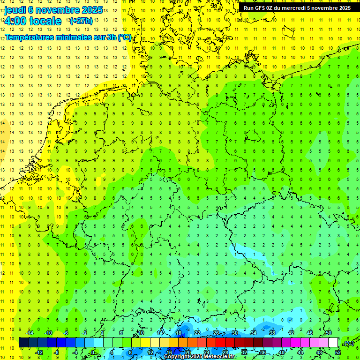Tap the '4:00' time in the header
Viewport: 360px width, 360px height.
15,21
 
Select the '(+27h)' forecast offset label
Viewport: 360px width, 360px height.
81,21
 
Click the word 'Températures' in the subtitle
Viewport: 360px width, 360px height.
32,37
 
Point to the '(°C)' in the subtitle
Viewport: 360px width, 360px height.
125,37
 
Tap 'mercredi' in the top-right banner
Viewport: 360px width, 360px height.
294,8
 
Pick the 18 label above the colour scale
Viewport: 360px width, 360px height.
179,333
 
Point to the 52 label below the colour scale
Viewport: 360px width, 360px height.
337,352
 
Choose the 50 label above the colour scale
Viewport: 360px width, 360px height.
328,333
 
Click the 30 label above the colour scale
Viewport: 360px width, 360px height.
235,333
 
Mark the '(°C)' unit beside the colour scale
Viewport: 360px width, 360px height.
348,343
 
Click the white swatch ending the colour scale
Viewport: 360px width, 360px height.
333,343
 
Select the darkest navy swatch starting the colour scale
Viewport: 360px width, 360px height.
23,343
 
